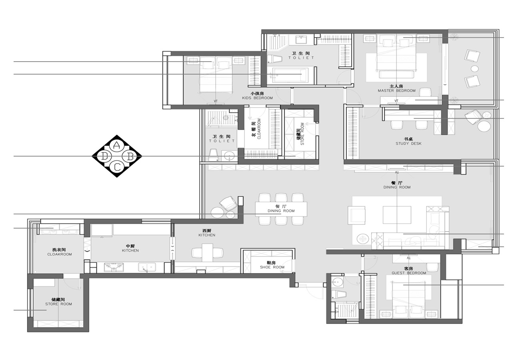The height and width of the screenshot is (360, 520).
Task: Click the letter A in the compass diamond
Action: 116,146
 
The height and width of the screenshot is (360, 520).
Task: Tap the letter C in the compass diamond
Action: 117,167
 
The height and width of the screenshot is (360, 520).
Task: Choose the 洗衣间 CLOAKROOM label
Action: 60,252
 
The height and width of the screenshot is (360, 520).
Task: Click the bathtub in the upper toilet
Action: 290,74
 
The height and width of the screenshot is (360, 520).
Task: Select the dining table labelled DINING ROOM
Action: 281,209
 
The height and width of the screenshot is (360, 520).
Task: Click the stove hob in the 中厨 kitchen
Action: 114,267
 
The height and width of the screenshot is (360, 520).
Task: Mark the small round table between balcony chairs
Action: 474,68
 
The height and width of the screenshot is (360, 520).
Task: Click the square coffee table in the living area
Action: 397,215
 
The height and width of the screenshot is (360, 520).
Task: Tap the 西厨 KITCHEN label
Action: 207,233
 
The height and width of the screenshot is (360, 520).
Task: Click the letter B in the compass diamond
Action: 130,157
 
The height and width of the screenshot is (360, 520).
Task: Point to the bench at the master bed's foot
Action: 396,74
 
